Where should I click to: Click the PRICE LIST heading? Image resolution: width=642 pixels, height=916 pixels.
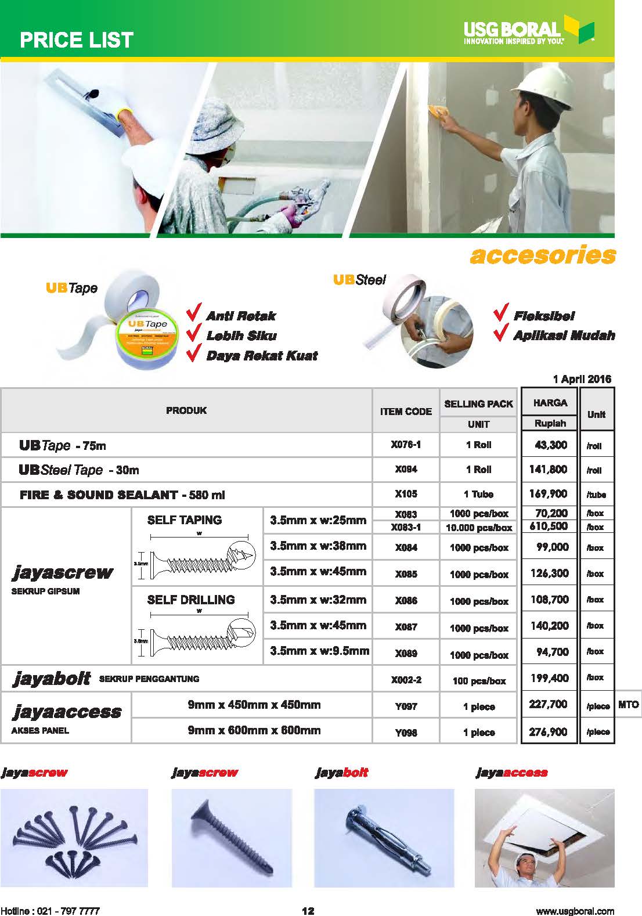click(x=77, y=39)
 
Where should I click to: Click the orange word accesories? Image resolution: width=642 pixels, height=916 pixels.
click(x=542, y=255)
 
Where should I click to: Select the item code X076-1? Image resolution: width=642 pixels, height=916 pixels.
click(x=406, y=445)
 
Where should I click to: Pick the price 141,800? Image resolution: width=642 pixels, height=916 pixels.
click(x=548, y=469)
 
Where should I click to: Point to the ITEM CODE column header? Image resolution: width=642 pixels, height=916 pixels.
click(x=406, y=411)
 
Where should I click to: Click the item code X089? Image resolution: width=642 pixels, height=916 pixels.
click(x=406, y=653)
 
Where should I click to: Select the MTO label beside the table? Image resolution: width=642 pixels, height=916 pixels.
click(x=628, y=705)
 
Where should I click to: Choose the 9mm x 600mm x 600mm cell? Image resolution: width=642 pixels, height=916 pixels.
click(x=254, y=730)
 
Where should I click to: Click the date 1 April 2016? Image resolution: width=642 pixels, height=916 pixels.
click(x=582, y=379)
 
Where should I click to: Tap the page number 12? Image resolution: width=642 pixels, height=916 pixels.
click(x=308, y=911)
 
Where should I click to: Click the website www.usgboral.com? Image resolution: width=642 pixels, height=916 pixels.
click(x=574, y=911)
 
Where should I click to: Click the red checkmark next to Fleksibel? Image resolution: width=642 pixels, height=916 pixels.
click(x=501, y=313)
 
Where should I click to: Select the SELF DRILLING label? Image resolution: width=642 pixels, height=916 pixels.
click(x=191, y=600)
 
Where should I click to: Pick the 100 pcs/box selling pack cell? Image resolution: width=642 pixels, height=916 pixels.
click(x=478, y=681)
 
